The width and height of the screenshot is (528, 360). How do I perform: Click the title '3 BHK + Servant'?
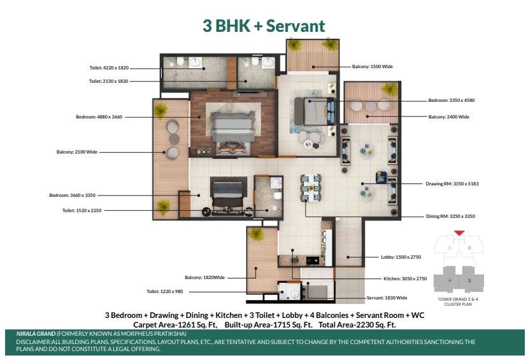tap(264, 26)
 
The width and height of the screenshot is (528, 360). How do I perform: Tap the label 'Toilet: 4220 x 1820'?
tap(109, 68)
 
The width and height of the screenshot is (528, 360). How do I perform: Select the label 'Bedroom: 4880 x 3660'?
tap(99, 117)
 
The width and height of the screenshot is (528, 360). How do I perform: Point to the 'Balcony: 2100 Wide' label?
tap(77, 152)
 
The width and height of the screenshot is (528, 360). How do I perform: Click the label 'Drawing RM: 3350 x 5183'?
tap(452, 184)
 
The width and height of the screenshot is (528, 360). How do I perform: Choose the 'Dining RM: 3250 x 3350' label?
tap(450, 216)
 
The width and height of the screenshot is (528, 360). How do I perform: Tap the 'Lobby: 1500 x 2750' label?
tap(401, 257)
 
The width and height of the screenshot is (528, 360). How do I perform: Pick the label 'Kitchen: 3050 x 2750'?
tap(405, 278)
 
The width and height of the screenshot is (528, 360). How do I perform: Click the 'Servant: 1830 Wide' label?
tap(387, 298)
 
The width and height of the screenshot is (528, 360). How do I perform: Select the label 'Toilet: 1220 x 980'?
tap(165, 291)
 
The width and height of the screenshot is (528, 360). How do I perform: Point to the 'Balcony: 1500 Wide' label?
tap(373, 66)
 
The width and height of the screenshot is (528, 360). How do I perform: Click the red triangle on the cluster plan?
tap(459, 233)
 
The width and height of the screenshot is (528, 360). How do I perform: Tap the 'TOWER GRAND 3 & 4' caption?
tap(458, 299)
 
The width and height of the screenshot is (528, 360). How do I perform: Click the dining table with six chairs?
tap(311, 188)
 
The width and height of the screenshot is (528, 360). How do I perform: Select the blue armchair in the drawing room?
tap(381, 177)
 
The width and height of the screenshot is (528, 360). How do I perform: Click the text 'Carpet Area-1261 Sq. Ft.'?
tap(175, 325)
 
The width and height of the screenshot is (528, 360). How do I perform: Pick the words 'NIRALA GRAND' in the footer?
tap(36, 334)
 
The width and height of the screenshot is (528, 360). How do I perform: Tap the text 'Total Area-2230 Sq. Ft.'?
tap(357, 325)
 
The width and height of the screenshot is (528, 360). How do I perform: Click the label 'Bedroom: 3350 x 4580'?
tap(451, 100)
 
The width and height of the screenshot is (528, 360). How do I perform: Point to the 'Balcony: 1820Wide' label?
tap(204, 277)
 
